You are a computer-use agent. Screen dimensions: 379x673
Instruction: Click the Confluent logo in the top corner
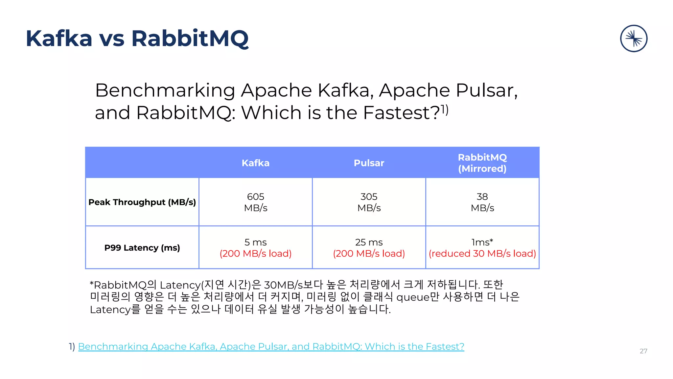(x=634, y=38)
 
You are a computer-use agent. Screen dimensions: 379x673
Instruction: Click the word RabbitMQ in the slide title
(x=190, y=38)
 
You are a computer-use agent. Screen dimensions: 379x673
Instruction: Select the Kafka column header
(x=255, y=163)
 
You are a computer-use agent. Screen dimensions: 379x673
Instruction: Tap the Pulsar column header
(x=369, y=163)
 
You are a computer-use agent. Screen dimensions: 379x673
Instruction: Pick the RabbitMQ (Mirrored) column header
(x=482, y=163)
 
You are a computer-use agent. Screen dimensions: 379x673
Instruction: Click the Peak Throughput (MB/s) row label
(x=142, y=202)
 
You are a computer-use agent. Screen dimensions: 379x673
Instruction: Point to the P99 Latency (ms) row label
(x=142, y=247)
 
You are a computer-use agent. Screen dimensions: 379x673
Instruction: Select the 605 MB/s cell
(x=255, y=202)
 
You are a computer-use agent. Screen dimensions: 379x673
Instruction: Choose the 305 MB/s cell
(x=369, y=202)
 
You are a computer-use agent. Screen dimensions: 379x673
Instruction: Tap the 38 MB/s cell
(x=482, y=202)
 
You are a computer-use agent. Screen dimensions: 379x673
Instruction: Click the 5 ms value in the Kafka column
(x=255, y=242)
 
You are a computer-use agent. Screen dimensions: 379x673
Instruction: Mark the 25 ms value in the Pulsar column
(x=369, y=242)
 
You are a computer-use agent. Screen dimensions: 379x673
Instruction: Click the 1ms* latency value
(x=482, y=242)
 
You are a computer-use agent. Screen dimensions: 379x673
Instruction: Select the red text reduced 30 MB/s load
(x=482, y=254)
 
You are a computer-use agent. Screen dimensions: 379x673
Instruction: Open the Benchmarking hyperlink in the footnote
(x=271, y=346)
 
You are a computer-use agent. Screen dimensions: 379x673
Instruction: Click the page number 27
(x=643, y=351)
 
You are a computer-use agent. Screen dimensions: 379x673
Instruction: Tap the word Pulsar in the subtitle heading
(x=486, y=90)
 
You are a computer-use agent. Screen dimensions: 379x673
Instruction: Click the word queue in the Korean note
(x=413, y=297)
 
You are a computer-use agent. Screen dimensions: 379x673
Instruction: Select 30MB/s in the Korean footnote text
(x=283, y=285)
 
